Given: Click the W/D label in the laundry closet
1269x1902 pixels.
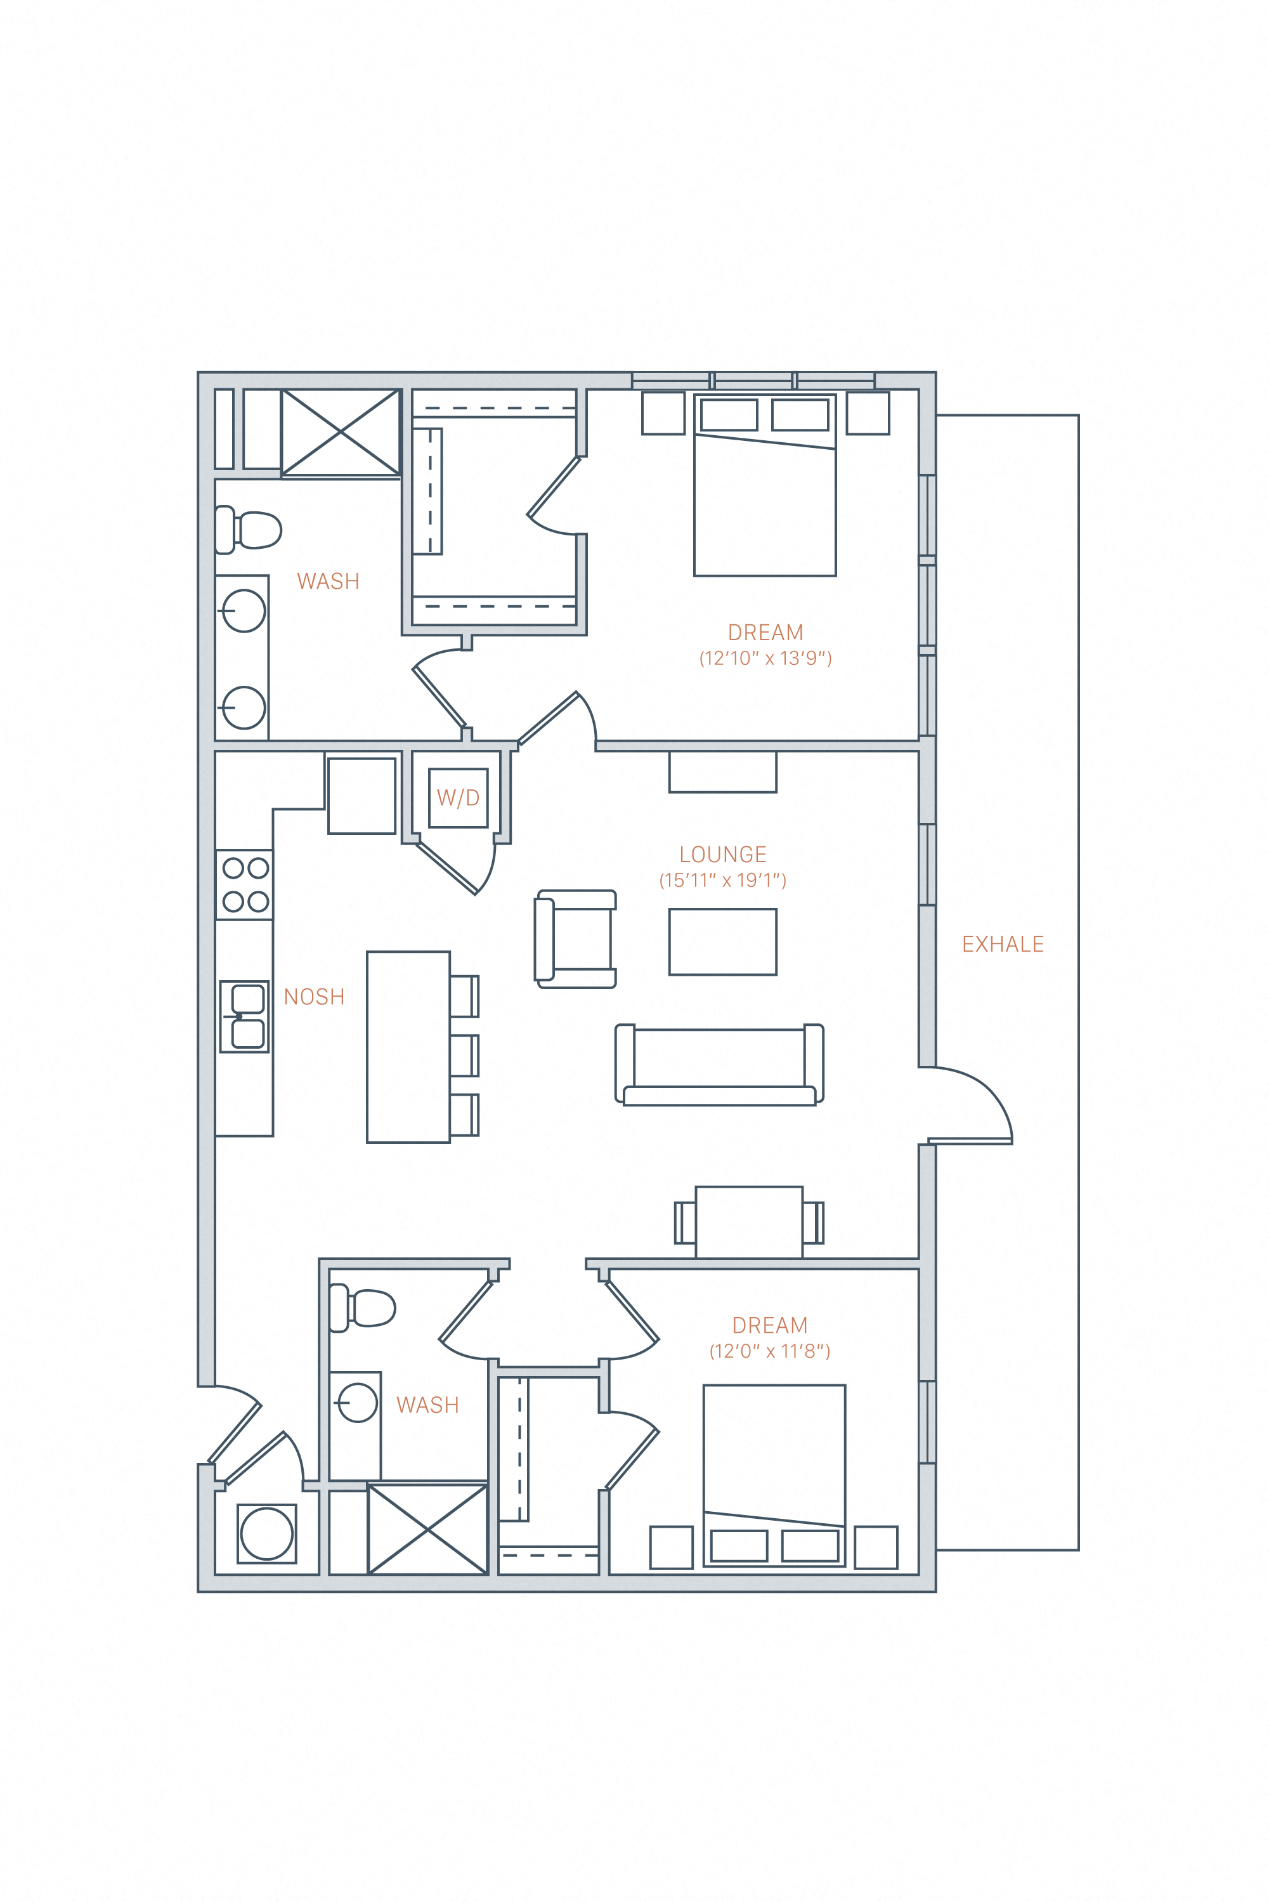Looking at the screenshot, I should pyautogui.click(x=458, y=798).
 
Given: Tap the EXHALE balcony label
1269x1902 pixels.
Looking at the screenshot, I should pyautogui.click(x=1002, y=944).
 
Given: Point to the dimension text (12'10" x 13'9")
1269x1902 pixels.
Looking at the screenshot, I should pyautogui.click(x=765, y=658).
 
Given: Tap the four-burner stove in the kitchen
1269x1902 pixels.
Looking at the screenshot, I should pyautogui.click(x=244, y=884).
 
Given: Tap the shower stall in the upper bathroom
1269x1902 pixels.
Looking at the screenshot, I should pyautogui.click(x=341, y=432).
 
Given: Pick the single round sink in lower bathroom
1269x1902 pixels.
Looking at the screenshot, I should pyautogui.click(x=357, y=1403).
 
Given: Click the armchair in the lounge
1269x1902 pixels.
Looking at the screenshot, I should pyautogui.click(x=575, y=939).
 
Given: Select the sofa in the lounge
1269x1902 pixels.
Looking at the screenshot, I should pyautogui.click(x=719, y=1065).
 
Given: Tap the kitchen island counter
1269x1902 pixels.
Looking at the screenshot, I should pyautogui.click(x=408, y=1047).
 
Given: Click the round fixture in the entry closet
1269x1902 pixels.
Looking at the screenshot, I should pyautogui.click(x=266, y=1533).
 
